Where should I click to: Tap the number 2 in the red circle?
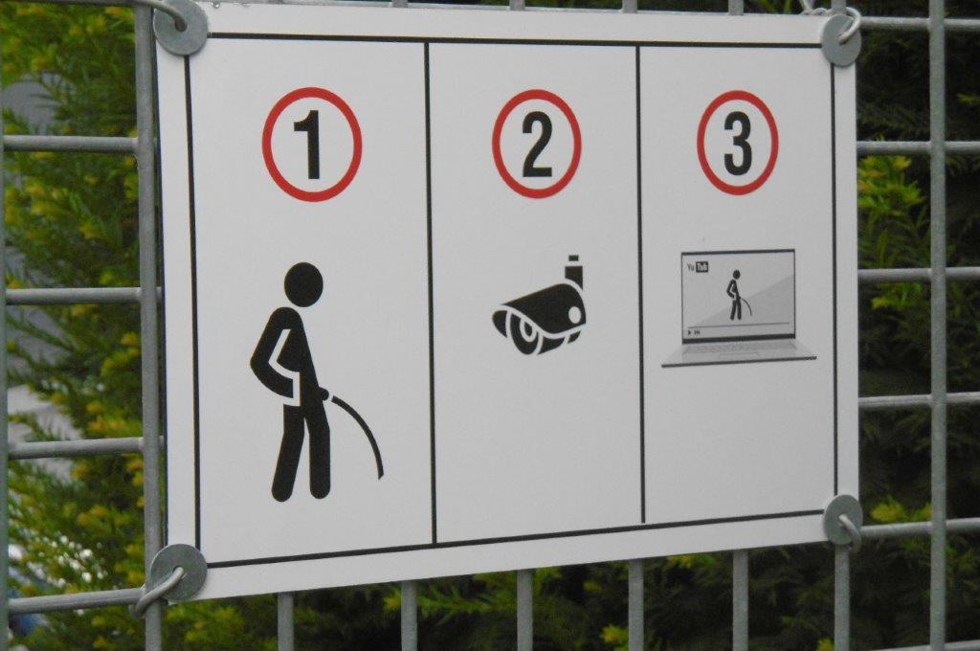pyautogui.click(x=537, y=146)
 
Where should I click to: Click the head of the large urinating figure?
pyautogui.click(x=303, y=284)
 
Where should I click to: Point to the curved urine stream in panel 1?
pyautogui.click(x=366, y=428)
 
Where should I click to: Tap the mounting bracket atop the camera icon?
pyautogui.click(x=574, y=270)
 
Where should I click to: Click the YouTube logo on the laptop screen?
pyautogui.click(x=698, y=267)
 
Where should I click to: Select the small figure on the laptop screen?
pyautogui.click(x=735, y=295)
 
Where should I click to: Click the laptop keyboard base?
pyautogui.click(x=739, y=353)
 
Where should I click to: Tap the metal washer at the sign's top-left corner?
pyautogui.click(x=180, y=26)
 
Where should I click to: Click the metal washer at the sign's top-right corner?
pyautogui.click(x=841, y=39)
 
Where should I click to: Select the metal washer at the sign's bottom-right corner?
pyautogui.click(x=843, y=520)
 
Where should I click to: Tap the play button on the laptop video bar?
pyautogui.click(x=690, y=332)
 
